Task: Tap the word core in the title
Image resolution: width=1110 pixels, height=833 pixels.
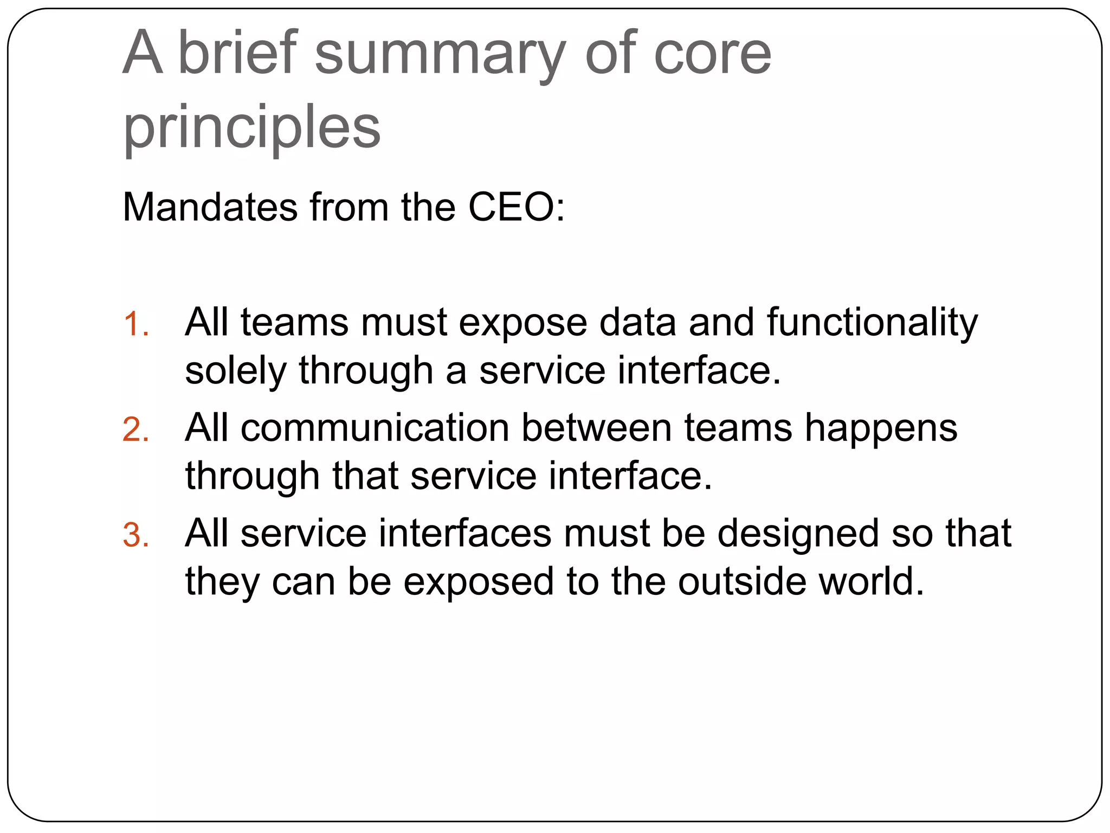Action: pyautogui.click(x=713, y=54)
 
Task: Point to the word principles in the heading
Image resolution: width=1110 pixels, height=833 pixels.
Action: pyautogui.click(x=252, y=129)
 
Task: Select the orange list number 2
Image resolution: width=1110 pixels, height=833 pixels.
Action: pyautogui.click(x=135, y=430)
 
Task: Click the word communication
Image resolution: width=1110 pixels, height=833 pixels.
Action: pyautogui.click(x=375, y=428)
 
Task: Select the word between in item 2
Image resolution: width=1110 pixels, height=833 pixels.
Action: pyautogui.click(x=596, y=428)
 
